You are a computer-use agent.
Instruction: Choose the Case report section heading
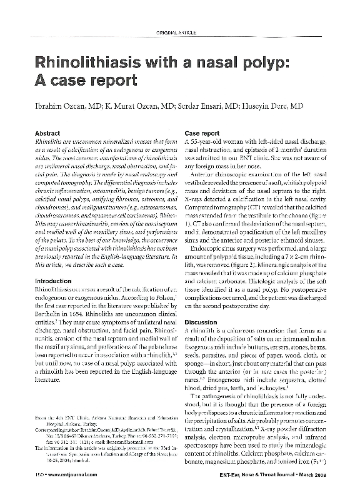pos(202,134)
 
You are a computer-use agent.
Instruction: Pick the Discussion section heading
pos(201,322)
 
